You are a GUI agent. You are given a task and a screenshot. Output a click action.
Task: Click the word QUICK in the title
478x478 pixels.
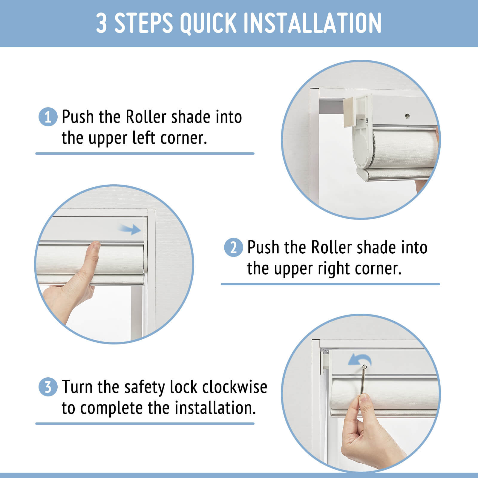pyautogui.click(x=208, y=23)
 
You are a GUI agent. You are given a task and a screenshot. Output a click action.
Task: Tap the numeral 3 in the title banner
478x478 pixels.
pyautogui.click(x=102, y=23)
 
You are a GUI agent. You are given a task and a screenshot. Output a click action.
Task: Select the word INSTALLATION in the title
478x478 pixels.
pyautogui.click(x=313, y=23)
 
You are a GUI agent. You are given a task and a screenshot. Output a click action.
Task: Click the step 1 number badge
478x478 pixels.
pyautogui.click(x=48, y=117)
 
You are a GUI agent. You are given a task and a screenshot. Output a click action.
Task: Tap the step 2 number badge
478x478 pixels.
pyautogui.click(x=233, y=247)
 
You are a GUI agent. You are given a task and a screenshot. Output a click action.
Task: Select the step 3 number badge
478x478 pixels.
pyautogui.click(x=48, y=387)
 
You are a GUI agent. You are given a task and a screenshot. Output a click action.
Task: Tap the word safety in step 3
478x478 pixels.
pyautogui.click(x=145, y=387)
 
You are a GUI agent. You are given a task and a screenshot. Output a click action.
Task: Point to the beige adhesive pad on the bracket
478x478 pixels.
pyautogui.click(x=352, y=112)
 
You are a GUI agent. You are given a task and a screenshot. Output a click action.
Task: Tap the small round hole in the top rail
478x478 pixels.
pyautogui.click(x=407, y=116)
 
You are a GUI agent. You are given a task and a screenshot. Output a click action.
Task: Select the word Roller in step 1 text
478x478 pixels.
pyautogui.click(x=146, y=117)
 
